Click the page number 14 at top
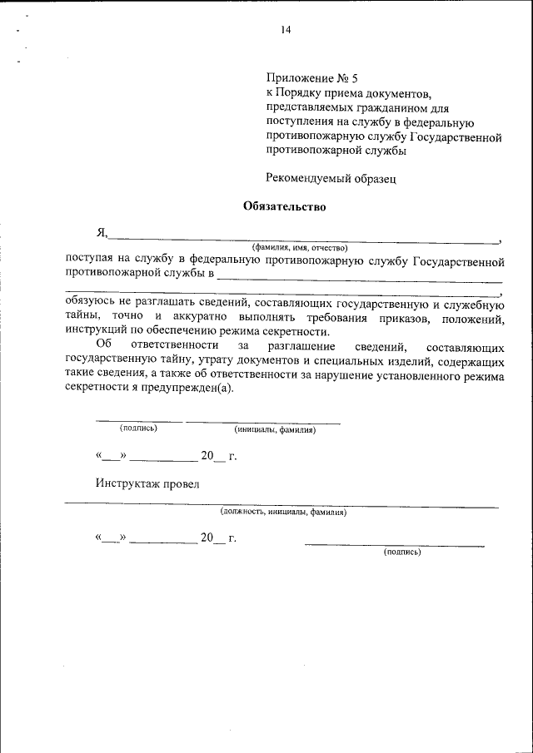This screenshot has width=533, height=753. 286,31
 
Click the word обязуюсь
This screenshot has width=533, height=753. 91,303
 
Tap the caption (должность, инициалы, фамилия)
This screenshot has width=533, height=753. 283,513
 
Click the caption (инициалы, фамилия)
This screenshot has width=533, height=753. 275,430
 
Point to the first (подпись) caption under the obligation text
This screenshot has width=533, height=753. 138,428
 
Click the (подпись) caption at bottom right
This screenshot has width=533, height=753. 402,552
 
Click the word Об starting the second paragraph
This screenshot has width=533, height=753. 102,344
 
